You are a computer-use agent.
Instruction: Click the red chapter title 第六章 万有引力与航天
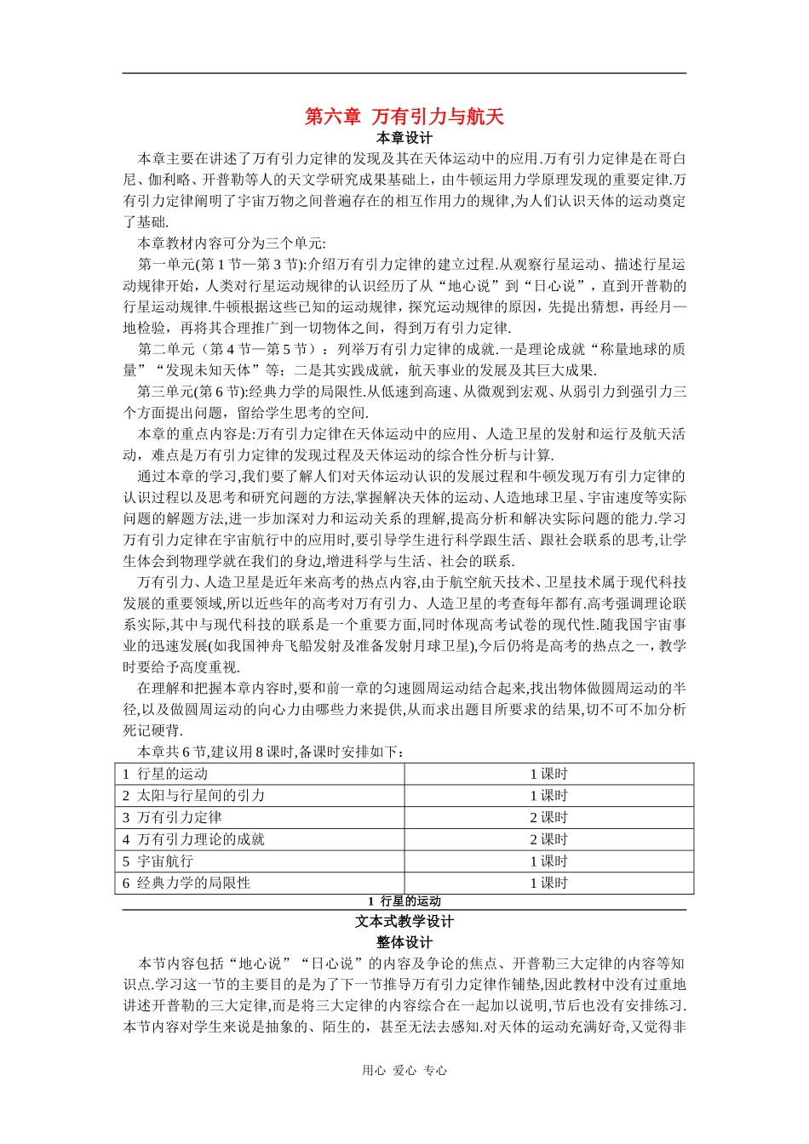tap(404, 116)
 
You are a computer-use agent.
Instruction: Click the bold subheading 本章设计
tap(404, 138)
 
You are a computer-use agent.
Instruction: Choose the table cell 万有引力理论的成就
tap(201, 839)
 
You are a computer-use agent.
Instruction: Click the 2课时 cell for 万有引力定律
tap(548, 817)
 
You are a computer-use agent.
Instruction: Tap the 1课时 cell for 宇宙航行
tap(548, 861)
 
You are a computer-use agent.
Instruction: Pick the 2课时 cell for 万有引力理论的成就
tap(548, 839)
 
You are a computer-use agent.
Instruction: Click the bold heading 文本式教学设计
tap(404, 922)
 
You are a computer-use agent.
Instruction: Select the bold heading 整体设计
tap(404, 943)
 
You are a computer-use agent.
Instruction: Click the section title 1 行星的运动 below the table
tap(404, 901)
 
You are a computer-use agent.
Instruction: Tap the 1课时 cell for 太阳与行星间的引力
tap(548, 796)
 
